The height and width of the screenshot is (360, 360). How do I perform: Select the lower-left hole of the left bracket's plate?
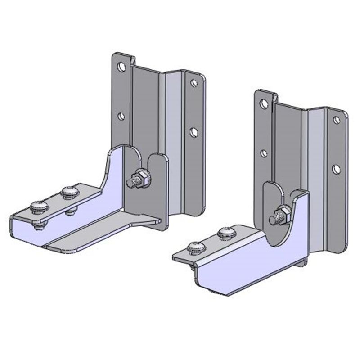(x=121, y=116)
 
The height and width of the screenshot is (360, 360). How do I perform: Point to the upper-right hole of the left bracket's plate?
(x=193, y=83)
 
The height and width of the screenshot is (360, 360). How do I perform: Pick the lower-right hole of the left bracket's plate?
(x=193, y=132)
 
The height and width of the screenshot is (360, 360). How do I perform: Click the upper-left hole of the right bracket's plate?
(x=265, y=104)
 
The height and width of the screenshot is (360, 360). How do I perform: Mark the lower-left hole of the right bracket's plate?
(x=264, y=153)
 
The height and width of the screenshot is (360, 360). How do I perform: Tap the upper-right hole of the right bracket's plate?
(x=336, y=120)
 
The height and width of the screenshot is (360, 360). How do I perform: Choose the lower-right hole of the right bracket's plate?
(x=336, y=169)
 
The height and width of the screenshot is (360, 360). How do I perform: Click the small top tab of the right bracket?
(x=274, y=96)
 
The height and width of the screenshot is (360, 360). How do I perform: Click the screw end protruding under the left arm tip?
(x=37, y=226)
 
